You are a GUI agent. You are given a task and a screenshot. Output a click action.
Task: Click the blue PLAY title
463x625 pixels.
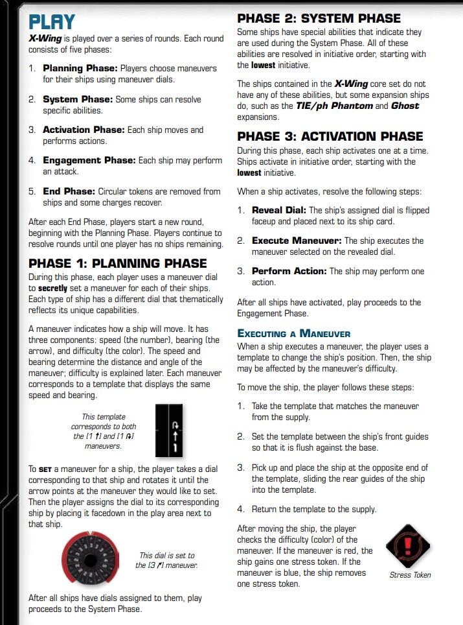point(52,22)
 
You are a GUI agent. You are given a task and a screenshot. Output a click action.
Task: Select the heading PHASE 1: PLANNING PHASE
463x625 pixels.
point(118,263)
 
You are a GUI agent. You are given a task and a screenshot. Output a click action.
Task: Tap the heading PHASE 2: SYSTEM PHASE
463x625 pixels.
point(319,18)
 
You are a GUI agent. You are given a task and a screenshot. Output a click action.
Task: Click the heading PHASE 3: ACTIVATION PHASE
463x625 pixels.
point(330,136)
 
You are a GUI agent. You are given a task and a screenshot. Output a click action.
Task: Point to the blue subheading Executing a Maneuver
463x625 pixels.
point(294,334)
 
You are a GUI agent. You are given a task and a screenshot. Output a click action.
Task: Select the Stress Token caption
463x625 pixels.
point(410,574)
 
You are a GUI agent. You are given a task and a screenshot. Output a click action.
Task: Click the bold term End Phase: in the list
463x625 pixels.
point(69,191)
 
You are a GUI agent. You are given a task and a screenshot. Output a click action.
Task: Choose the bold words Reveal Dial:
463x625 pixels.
point(279,210)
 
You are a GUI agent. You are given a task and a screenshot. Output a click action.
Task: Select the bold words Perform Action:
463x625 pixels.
point(289,271)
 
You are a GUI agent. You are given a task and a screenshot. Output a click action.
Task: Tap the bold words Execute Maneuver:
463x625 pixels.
point(296,241)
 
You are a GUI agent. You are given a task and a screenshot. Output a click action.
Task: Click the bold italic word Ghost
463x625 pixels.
point(405,106)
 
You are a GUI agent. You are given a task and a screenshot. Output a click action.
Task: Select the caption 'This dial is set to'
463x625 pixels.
point(167,556)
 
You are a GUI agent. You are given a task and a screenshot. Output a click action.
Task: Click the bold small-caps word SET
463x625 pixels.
point(44,469)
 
